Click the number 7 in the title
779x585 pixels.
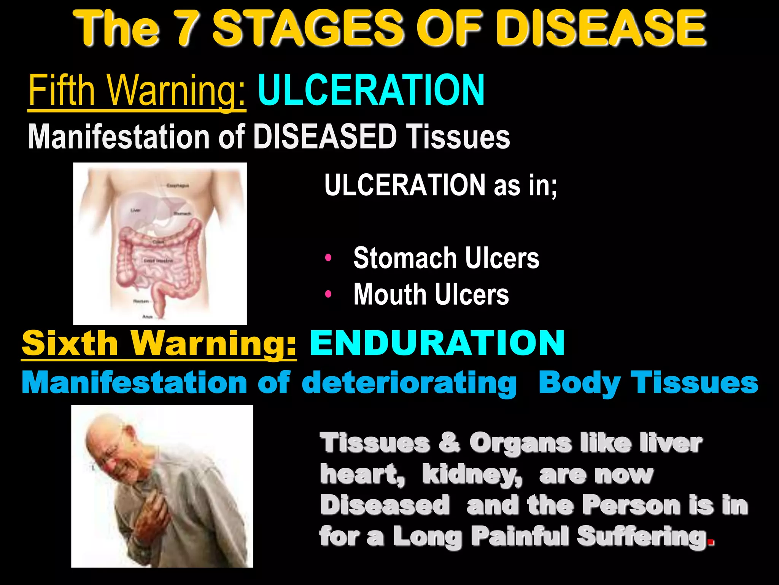point(187,29)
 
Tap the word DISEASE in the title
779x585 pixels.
point(599,29)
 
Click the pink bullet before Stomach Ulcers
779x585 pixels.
point(328,258)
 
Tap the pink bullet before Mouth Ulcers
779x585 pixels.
point(328,294)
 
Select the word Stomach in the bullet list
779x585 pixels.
point(405,258)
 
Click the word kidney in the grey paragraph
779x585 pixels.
point(472,475)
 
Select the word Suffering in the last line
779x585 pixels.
point(642,536)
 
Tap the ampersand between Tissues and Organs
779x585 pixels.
point(449,443)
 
